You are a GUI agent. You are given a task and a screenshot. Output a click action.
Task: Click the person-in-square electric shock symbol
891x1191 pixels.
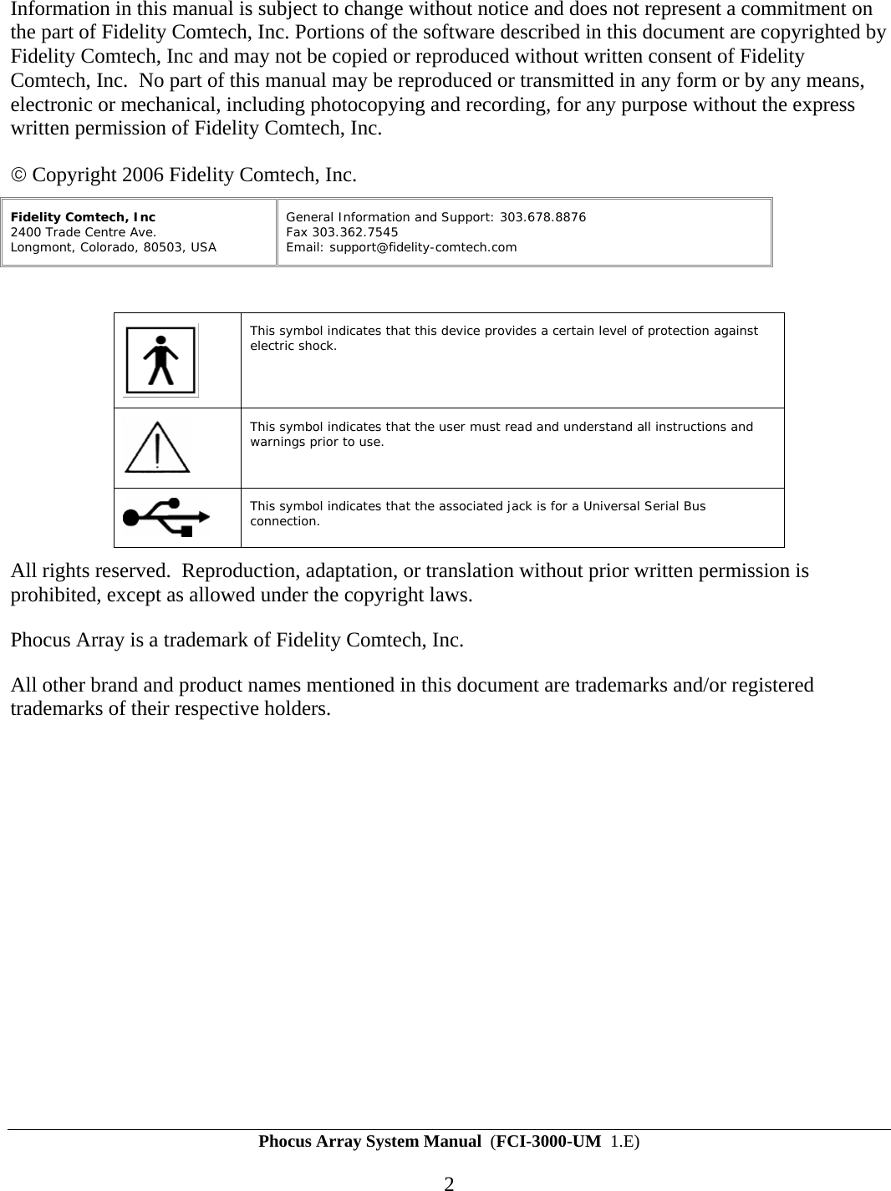(x=160, y=360)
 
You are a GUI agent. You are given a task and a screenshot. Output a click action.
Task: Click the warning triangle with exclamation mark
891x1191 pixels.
(x=156, y=447)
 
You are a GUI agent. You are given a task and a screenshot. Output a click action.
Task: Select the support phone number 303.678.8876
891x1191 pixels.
(x=542, y=217)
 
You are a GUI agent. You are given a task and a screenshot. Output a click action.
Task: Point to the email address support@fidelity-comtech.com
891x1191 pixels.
(x=423, y=247)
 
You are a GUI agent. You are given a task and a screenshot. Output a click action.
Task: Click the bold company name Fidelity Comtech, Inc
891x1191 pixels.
(x=83, y=217)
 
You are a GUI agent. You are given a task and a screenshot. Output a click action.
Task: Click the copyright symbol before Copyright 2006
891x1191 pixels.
(x=18, y=175)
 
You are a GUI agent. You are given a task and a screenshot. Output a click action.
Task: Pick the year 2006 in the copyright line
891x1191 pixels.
(x=143, y=175)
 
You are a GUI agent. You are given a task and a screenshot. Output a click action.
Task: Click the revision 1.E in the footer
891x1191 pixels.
(x=622, y=1141)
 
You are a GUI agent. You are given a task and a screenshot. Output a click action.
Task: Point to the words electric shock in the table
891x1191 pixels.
(x=293, y=346)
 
